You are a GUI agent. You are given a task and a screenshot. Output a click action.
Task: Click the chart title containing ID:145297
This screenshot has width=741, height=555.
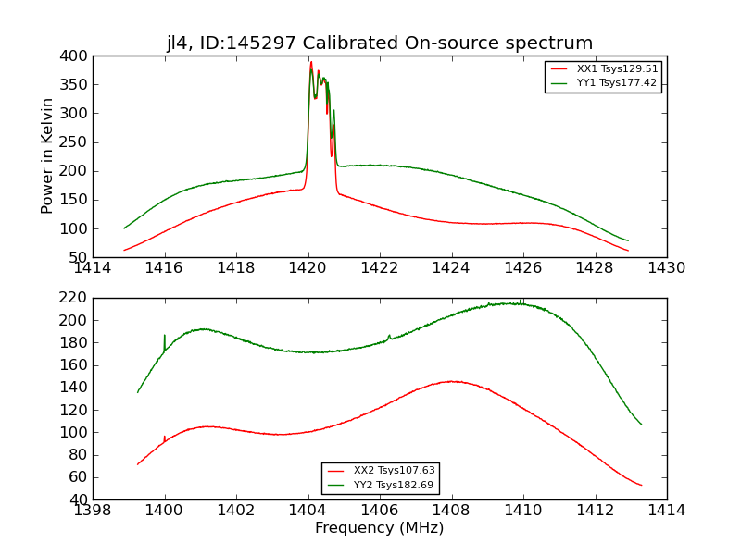tap(380, 43)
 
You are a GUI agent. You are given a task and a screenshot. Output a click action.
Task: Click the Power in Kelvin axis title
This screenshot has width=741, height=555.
tap(47, 156)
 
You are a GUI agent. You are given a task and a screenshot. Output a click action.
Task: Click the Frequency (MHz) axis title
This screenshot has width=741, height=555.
tap(380, 528)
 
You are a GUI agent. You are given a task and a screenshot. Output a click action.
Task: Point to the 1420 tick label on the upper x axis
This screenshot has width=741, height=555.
tap(308, 268)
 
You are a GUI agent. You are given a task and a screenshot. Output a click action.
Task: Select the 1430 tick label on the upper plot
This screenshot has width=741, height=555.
tap(666, 268)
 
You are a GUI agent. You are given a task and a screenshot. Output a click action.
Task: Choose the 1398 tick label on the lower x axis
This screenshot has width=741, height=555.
tap(94, 511)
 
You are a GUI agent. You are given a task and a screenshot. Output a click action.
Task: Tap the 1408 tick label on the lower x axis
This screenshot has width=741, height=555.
tap(451, 511)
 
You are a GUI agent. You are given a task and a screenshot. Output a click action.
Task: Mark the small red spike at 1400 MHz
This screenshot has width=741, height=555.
tap(165, 438)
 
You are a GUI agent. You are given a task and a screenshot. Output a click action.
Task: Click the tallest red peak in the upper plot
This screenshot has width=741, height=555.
tap(311, 63)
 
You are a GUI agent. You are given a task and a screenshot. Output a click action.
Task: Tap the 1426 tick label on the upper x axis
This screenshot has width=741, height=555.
tap(522, 268)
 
